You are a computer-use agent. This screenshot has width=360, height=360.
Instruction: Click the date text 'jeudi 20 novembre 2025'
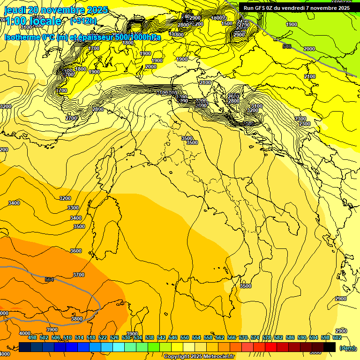[56, 10]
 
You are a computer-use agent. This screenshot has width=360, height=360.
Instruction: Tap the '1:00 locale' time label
[33, 21]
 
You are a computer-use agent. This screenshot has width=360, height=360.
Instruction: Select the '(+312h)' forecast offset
[83, 21]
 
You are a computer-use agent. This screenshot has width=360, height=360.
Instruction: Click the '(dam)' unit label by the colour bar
[347, 348]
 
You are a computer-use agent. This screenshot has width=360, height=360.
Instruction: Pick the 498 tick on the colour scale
[32, 337]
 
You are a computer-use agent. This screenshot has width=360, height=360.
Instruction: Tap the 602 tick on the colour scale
[337, 337]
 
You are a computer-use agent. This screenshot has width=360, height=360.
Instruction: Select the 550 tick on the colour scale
[185, 337]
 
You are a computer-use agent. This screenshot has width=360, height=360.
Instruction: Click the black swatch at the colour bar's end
[330, 347]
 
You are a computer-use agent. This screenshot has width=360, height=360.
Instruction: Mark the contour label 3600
[76, 251]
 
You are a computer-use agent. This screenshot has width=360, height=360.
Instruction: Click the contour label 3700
[79, 275]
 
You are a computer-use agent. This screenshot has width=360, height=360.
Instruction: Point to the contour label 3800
[76, 319]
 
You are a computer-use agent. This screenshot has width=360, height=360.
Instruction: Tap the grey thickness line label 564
[49, 279]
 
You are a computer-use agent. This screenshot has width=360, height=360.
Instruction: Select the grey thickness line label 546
[287, 46]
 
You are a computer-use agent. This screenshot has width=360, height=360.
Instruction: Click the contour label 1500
[227, 23]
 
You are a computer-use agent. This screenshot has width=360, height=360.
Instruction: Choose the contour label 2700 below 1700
[71, 119]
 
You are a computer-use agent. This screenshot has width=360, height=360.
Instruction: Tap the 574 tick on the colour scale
[255, 337]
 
